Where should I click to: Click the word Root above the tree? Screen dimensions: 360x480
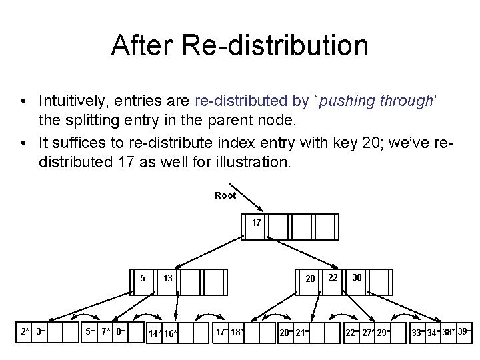[x=225, y=195]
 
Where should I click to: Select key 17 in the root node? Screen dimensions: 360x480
[x=256, y=223]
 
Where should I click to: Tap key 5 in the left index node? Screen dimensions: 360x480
[x=143, y=278]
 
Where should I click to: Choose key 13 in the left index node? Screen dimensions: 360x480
[x=169, y=278]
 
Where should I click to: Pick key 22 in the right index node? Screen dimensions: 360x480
[x=333, y=277]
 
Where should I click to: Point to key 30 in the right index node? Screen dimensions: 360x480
[x=357, y=277]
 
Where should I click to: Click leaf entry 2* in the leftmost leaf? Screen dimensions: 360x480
[x=25, y=331]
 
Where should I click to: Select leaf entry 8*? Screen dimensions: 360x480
[x=120, y=331]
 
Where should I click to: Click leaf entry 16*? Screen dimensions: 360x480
[x=171, y=333]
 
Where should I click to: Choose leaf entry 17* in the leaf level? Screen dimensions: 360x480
[x=221, y=331]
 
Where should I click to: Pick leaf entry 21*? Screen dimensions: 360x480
[x=302, y=332]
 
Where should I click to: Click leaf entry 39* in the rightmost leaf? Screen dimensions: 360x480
[x=465, y=331]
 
